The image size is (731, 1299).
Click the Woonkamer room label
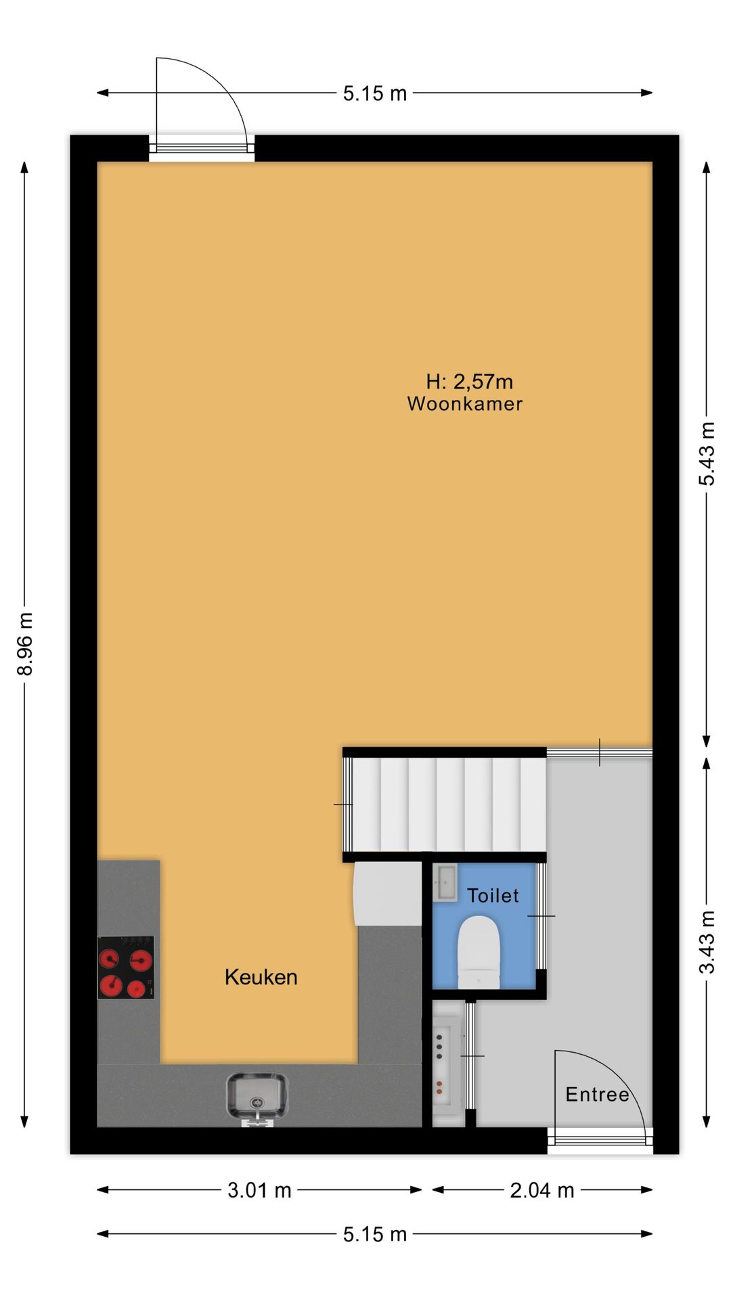pos(465,404)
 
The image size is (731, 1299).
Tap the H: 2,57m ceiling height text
pos(470,382)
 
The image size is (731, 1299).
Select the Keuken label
pos(261,977)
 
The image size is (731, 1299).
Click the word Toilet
pos(493,896)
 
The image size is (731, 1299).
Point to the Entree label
pos(597,1095)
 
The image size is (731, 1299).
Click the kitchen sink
pos(257,1097)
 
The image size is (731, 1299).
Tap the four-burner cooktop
pos(126,967)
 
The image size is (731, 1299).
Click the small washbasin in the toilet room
pos(445,882)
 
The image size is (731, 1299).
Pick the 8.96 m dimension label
pos(25,644)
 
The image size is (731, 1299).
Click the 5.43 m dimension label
pos(707,454)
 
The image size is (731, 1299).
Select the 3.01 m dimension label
pos(259,1190)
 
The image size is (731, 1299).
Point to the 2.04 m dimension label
pos(542,1190)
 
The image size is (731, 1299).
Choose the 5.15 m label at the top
pos(375,93)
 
